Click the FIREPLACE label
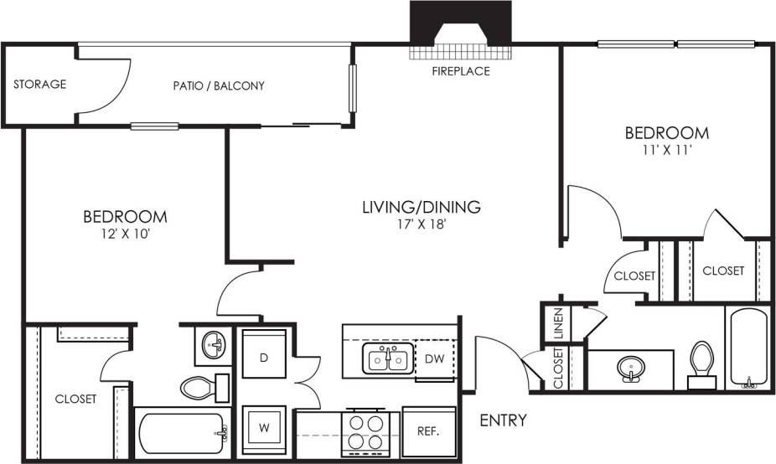point(460,71)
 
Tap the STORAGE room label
point(39,85)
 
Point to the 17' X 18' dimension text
point(421,224)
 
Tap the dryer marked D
point(264,358)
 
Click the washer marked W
point(264,427)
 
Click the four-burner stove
point(365,431)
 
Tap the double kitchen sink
point(386,359)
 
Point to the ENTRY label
point(503,420)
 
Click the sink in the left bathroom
point(214,345)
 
